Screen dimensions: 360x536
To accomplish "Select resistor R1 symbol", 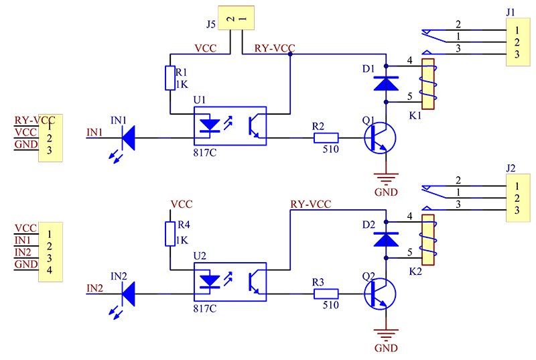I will [169, 78].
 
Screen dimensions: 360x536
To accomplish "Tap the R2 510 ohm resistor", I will [326, 138].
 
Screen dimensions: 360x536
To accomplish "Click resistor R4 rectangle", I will [169, 233].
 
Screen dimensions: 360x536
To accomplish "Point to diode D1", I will [386, 83].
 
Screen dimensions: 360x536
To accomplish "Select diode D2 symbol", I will [386, 238].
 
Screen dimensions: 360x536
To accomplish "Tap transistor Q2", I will [379, 294].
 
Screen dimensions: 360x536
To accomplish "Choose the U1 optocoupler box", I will [229, 125].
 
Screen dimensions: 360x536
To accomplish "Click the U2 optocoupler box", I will [229, 280].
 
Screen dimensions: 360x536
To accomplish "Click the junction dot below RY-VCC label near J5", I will [289, 55].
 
